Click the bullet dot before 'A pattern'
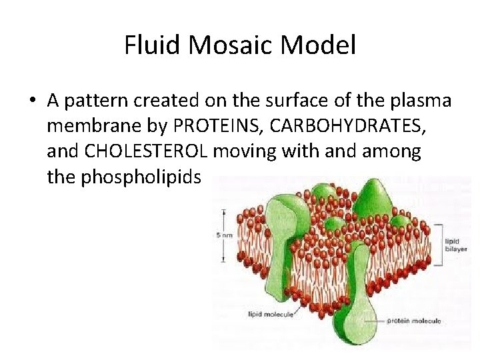[x=32, y=101]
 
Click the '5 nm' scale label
[x=224, y=235]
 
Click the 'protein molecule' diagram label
[x=414, y=321]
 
